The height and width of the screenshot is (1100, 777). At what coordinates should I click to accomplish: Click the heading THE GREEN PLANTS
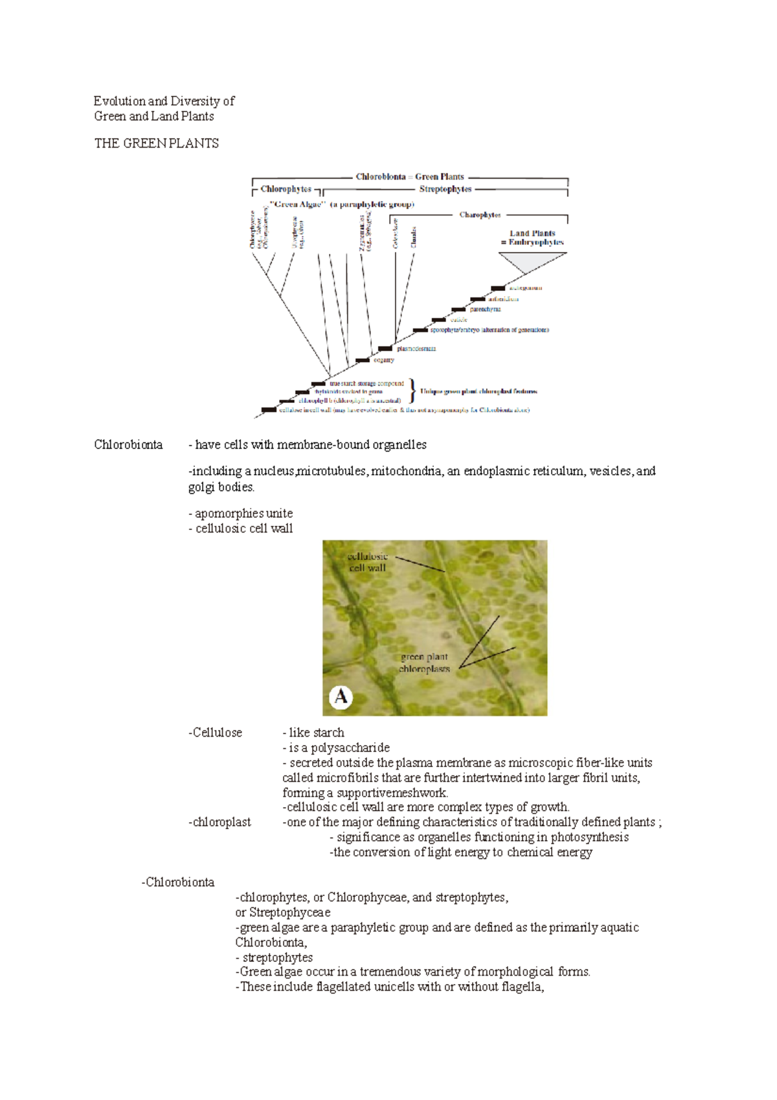[x=156, y=144]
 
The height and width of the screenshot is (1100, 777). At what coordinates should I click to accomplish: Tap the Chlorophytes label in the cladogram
[x=286, y=189]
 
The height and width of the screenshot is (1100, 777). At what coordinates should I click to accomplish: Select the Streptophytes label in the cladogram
[x=445, y=189]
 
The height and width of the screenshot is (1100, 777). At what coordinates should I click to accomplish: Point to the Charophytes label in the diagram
[x=480, y=215]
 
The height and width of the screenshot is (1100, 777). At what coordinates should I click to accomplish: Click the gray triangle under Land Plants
[x=532, y=261]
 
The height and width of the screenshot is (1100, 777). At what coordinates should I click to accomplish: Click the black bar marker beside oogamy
[x=362, y=360]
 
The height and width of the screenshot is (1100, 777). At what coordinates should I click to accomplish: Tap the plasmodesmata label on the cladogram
[x=416, y=349]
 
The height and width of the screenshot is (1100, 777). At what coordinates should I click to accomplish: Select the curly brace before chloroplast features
[x=414, y=391]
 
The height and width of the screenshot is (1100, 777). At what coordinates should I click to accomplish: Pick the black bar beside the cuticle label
[x=438, y=320]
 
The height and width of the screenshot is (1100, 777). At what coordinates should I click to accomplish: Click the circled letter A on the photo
[x=341, y=697]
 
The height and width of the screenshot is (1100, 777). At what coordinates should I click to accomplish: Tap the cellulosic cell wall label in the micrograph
[x=367, y=562]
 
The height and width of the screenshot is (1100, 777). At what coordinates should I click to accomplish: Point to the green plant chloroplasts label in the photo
[x=424, y=663]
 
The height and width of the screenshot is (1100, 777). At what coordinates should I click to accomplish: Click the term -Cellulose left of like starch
[x=215, y=733]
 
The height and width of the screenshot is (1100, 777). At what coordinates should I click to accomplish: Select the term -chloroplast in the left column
[x=220, y=822]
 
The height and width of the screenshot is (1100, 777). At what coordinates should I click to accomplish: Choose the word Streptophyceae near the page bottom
[x=289, y=912]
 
